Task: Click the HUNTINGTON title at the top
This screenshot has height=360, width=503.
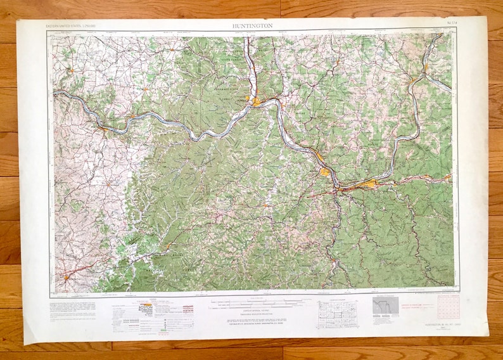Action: coord(253,25)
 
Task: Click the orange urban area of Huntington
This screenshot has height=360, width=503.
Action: coord(367,184)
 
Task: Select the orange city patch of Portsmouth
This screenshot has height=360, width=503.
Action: coord(257,101)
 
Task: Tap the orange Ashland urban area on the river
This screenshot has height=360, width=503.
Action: coord(325,171)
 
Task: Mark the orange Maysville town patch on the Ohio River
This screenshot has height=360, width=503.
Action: coord(101,129)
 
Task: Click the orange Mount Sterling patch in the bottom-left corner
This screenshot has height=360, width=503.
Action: coord(66,277)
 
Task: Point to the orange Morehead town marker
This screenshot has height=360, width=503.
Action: coord(168,245)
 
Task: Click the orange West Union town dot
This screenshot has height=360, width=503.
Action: coord(145,88)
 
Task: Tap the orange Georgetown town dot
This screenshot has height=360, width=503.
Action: coord(72,69)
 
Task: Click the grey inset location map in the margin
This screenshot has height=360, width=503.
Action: coord(385,307)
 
